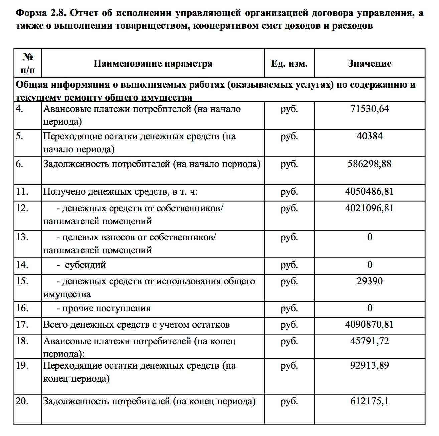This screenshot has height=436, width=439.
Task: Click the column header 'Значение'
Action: (370, 63)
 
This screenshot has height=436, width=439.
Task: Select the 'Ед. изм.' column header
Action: (289, 63)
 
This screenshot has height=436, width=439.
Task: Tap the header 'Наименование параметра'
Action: (153, 63)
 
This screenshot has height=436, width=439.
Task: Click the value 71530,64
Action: (370, 109)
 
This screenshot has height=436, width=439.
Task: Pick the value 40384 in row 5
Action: (370, 136)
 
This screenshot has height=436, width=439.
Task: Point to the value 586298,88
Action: (370, 164)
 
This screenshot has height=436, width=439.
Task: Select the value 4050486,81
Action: (370, 192)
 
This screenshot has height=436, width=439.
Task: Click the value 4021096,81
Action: (370, 208)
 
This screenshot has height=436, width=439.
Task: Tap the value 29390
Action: (370, 281)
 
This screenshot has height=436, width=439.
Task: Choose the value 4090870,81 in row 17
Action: (370, 324)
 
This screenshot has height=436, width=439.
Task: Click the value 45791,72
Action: (370, 341)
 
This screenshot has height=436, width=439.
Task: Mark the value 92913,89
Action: (370, 365)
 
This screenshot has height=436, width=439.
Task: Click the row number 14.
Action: (22, 265)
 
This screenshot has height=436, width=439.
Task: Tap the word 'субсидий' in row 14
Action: (85, 265)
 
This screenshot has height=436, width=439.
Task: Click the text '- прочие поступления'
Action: (104, 308)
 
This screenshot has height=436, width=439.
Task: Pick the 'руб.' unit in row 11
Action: (289, 192)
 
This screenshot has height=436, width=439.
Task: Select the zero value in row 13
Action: (370, 237)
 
